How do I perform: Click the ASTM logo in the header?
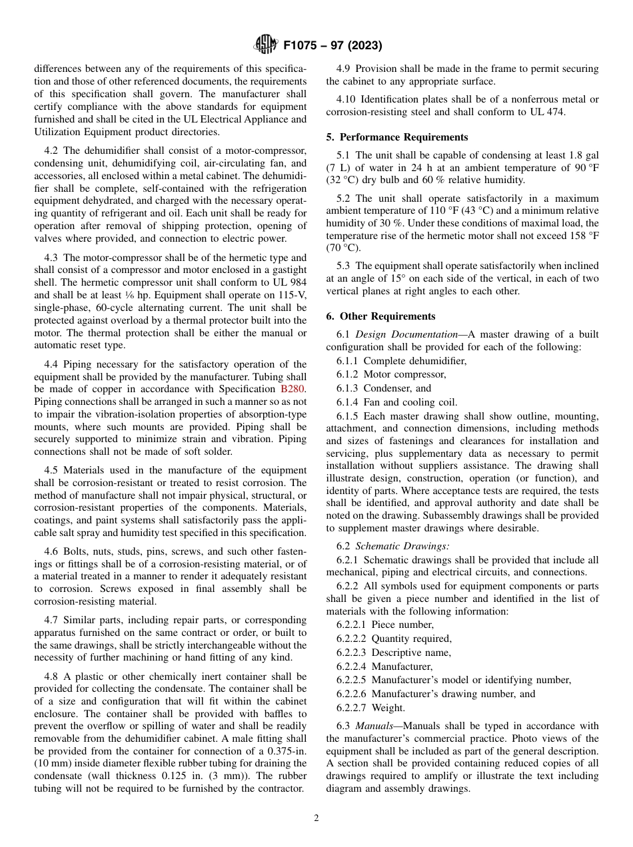[x=265, y=46]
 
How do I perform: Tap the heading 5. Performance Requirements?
[x=397, y=137]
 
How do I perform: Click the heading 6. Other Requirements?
[x=380, y=316]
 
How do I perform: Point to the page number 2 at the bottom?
[x=316, y=818]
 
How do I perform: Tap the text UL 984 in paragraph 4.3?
[x=291, y=283]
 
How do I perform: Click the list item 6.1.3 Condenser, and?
[x=384, y=388]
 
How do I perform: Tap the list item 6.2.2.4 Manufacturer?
[x=384, y=667]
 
